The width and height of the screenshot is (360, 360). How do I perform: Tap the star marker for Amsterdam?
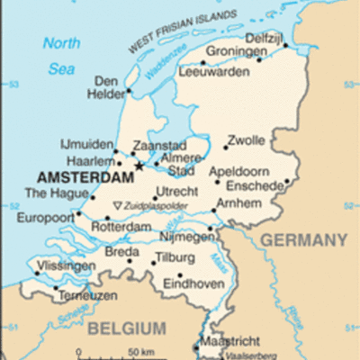pos(139,166)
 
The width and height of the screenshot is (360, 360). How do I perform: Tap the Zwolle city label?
pos(246,140)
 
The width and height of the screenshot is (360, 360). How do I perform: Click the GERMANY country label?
pos(304,239)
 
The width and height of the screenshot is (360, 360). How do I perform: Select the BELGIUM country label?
pos(127,328)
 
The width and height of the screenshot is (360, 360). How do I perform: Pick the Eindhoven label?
pos(193,284)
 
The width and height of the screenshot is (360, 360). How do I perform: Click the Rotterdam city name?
pos(121,228)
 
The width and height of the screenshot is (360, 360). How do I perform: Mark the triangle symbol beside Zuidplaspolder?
pos(116,206)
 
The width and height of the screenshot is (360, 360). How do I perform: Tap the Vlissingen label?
pos(65,266)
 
